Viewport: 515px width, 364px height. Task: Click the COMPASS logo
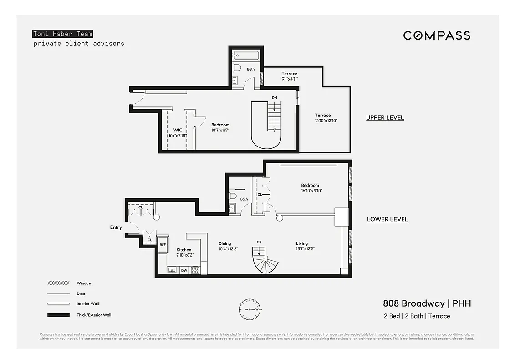click(436, 35)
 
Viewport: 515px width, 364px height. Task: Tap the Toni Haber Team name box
click(62, 34)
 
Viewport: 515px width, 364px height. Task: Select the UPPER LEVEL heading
click(385, 118)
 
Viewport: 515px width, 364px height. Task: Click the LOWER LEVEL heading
click(387, 219)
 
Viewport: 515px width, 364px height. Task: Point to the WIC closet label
click(178, 130)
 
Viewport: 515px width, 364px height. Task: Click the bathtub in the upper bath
click(245, 56)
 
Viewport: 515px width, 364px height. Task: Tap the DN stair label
click(275, 98)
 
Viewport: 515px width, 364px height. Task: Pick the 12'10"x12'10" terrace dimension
click(326, 121)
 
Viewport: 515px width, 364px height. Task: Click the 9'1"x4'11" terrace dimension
click(289, 79)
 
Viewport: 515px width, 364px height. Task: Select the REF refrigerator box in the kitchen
click(163, 245)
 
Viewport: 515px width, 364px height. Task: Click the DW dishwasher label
click(184, 271)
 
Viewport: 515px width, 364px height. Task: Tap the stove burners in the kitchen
click(195, 270)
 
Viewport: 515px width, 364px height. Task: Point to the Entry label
click(116, 227)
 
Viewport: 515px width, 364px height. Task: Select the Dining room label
click(224, 243)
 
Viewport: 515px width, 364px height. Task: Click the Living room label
click(301, 243)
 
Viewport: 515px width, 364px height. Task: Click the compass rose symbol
click(250, 309)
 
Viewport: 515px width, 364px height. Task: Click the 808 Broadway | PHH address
click(427, 303)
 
